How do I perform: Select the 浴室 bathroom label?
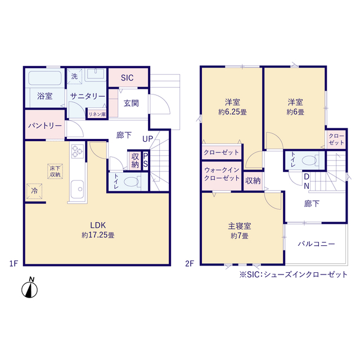tap(45, 96)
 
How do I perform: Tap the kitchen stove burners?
tap(76, 150)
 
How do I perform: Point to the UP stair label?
tap(148, 139)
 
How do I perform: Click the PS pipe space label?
tap(146, 160)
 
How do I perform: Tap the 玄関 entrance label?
tap(131, 103)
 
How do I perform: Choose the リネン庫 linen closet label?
tap(96, 114)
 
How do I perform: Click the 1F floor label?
tap(14, 263)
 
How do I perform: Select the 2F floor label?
tap(191, 263)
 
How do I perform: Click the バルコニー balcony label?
tap(316, 244)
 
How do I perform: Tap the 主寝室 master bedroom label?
tap(240, 226)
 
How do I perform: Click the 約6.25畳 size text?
tap(233, 112)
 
